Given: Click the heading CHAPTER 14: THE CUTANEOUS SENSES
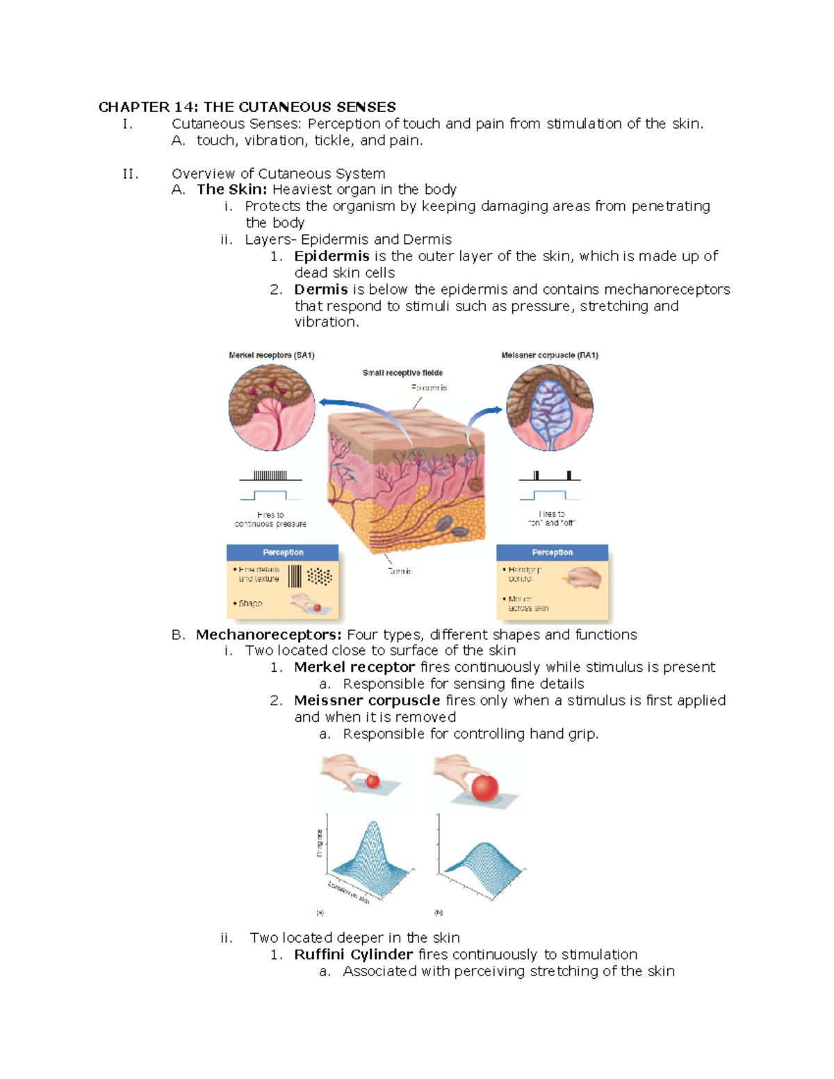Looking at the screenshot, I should tap(247, 107).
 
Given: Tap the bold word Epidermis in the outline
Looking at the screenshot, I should tap(332, 256).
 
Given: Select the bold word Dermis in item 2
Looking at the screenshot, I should tap(320, 290).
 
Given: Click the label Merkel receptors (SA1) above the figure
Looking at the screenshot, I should tap(272, 355).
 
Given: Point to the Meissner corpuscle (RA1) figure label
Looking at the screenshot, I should tap(550, 355).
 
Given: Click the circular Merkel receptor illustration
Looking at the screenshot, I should tap(272, 408).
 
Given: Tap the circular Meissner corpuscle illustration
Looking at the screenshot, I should tap(550, 408).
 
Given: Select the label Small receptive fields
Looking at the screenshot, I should tap(402, 373).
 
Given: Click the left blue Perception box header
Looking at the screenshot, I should tap(283, 552).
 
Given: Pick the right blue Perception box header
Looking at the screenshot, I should tap(553, 552).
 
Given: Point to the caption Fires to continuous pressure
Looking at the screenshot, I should tap(270, 520).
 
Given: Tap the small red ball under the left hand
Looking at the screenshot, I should tap(373, 782).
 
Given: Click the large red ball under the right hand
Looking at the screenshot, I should tap(485, 788).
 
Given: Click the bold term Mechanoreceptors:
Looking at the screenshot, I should tap(268, 635).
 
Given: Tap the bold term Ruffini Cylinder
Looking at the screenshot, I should tap(353, 955).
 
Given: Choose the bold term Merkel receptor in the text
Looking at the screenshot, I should tap(354, 668).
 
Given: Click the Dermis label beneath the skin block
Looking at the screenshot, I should tap(400, 571).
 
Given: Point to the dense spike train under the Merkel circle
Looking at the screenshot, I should tap(270, 476).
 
